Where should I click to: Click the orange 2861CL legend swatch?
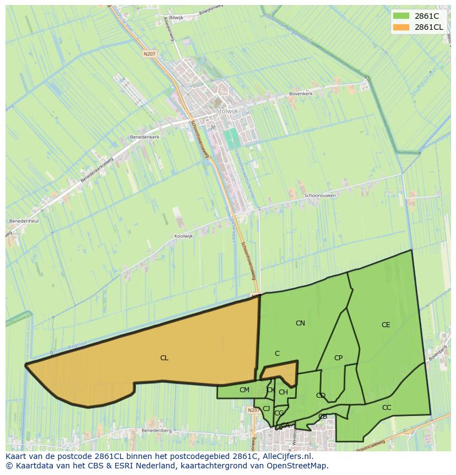402,27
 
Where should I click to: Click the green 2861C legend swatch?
402,16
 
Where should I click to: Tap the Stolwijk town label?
226,111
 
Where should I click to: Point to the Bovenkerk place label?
301,94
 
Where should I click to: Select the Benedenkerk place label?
144,136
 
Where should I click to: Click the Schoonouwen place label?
320,195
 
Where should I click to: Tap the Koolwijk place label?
184,236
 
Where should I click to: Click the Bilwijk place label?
176,17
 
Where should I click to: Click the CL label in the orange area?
164,358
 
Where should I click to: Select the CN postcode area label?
300,323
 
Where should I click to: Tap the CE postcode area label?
386,325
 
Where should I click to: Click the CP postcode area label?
338,358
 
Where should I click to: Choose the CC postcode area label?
387,408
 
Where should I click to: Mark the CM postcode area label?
245,390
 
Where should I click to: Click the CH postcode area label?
283,392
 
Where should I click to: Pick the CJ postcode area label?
266,409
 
